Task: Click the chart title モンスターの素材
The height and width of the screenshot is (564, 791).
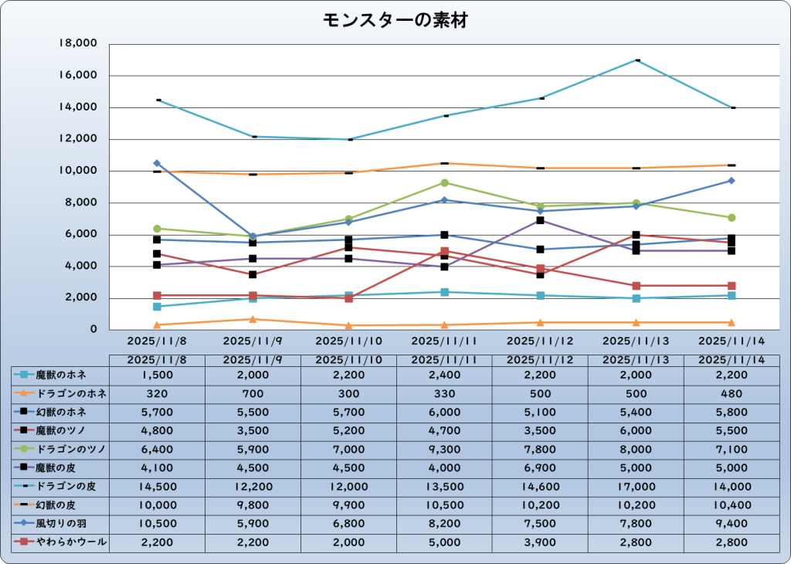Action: tap(395, 21)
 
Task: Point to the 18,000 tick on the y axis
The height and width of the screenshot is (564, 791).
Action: tap(77, 44)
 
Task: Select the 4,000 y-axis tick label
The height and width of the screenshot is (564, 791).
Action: tap(80, 266)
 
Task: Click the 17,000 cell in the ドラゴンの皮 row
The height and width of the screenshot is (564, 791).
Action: tap(636, 486)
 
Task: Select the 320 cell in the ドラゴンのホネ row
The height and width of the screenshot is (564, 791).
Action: tap(158, 393)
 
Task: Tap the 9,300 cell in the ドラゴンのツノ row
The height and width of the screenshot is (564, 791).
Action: tap(444, 449)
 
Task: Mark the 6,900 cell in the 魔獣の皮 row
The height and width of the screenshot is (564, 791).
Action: tap(540, 467)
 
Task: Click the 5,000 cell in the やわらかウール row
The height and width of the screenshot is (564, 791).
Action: tap(444, 542)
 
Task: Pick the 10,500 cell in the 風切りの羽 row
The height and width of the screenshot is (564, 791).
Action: tap(158, 524)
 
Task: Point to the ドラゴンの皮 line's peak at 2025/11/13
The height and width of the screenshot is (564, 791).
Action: tap(637, 59)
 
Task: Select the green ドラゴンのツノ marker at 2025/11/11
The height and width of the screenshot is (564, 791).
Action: tap(445, 182)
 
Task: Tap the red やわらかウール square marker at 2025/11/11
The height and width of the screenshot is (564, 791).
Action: tap(445, 251)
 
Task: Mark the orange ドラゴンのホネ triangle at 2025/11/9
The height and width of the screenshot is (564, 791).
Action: tap(253, 319)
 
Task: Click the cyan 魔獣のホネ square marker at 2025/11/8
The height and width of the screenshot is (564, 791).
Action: tap(158, 306)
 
